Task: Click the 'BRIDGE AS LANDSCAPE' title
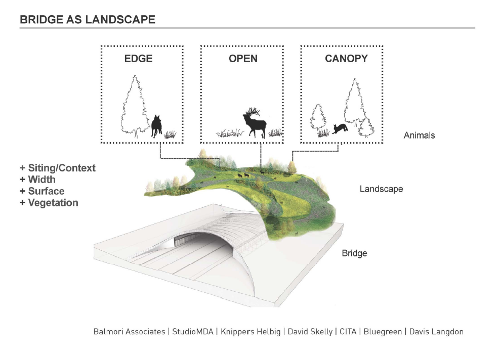point(87,20)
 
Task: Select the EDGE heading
point(138,59)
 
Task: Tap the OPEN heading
point(243,59)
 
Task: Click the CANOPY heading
point(346,59)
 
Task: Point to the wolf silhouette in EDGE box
point(157,126)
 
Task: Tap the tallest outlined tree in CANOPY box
point(354,104)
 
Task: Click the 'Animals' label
point(419,136)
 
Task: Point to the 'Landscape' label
point(381,189)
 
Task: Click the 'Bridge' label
point(354,253)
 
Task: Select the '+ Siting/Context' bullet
point(57,168)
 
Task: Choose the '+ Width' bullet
point(37,179)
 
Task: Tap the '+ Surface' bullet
point(42,191)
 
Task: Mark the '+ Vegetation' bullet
point(49,203)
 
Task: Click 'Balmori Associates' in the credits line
point(129,332)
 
